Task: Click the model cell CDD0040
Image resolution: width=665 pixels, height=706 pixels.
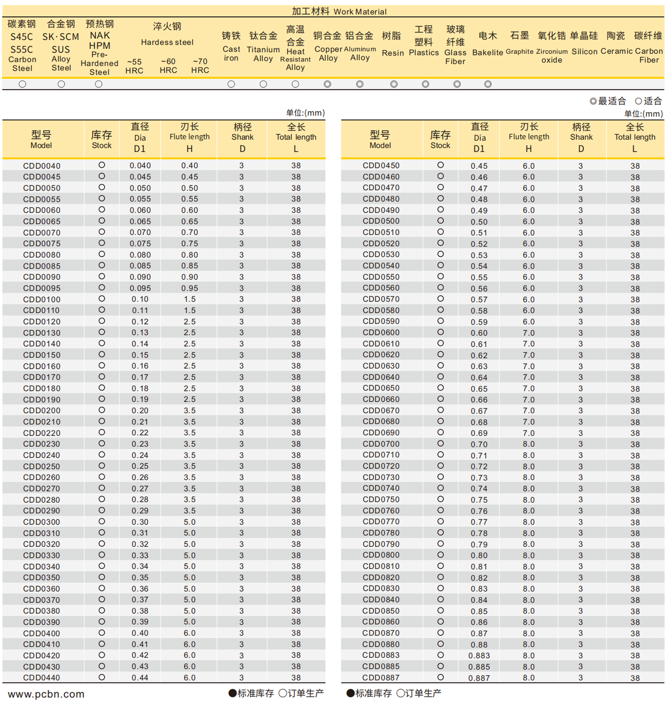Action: coord(42,166)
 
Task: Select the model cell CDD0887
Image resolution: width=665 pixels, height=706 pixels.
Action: coord(381,677)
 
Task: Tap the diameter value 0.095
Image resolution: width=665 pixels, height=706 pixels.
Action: coord(140,288)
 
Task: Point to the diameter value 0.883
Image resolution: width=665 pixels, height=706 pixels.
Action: coord(479,655)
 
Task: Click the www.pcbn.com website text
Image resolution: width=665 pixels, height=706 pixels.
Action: coord(46,694)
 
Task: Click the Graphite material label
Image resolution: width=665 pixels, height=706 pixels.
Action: coord(519,52)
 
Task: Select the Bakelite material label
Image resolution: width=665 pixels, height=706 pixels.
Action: coord(487,52)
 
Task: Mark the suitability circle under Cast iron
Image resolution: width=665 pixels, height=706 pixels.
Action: coord(231,84)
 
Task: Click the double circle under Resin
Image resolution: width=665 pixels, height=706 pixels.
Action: coord(393,84)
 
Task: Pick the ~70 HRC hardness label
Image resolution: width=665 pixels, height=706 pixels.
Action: coord(200,66)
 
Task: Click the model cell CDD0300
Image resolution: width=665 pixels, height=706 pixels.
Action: coord(42,522)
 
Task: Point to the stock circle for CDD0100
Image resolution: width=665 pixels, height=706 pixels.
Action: coord(101,299)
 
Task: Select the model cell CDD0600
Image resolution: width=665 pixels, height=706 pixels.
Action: coord(381,332)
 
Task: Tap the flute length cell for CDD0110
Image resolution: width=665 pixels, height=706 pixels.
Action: coord(189,310)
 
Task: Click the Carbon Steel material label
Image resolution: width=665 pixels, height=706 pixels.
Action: coord(22,64)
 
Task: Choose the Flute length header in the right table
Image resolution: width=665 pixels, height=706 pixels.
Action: coord(529,137)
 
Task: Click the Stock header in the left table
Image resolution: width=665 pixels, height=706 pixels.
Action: coord(101,139)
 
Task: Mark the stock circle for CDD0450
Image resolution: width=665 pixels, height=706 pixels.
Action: coord(440,165)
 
